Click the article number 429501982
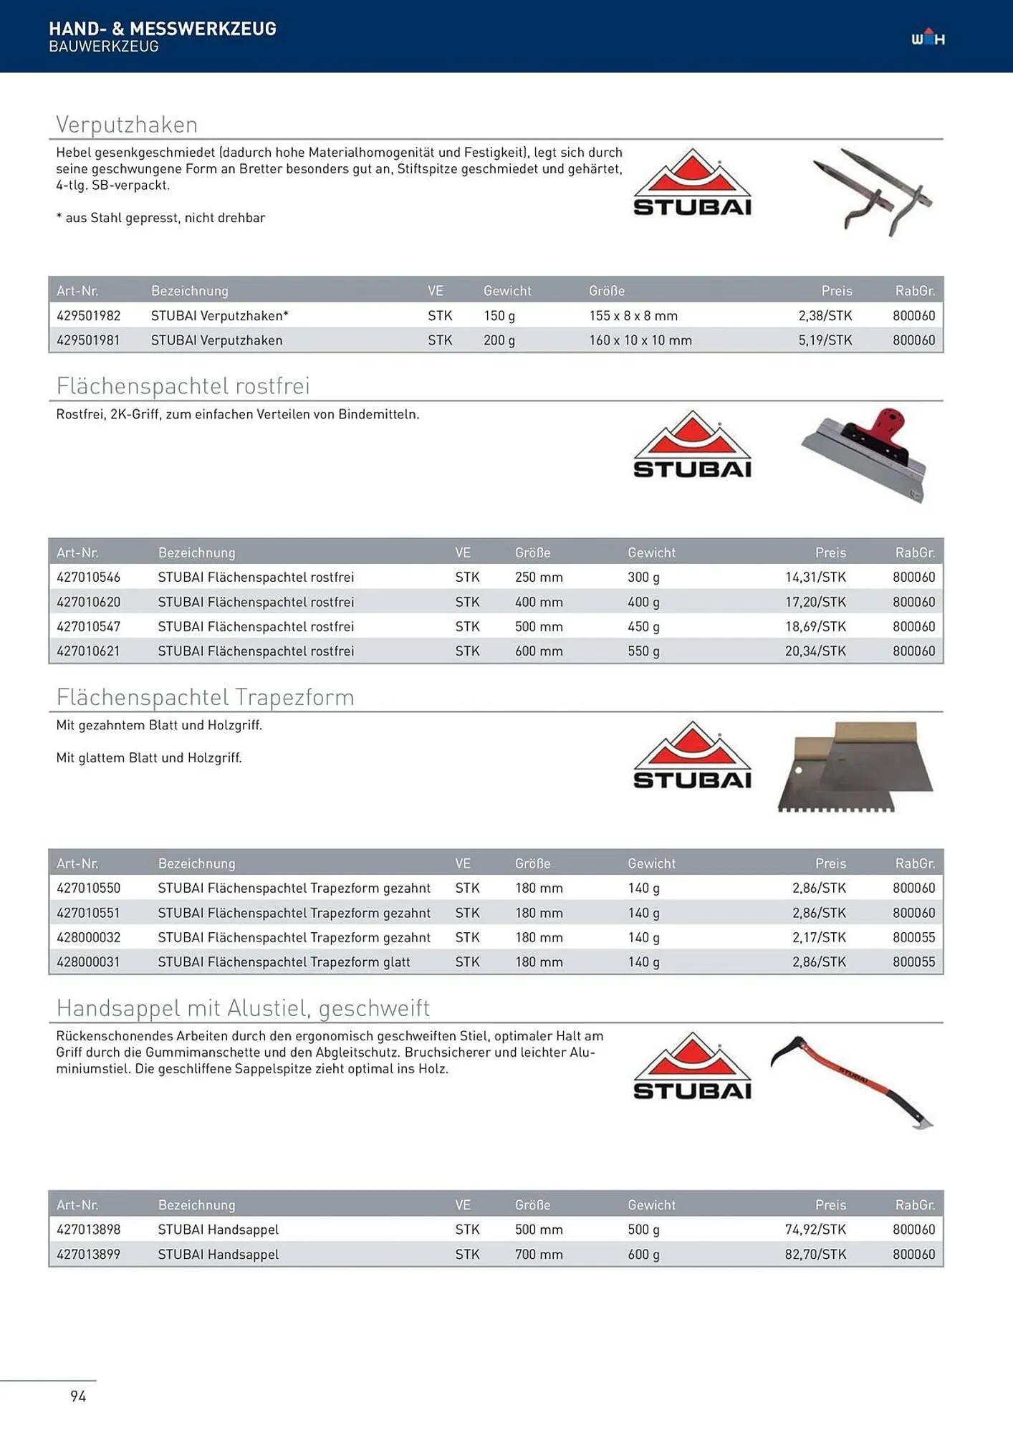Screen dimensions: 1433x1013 [89, 316]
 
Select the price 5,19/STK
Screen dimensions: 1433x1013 [825, 340]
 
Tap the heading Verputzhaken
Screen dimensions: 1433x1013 [127, 125]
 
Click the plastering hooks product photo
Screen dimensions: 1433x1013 [872, 192]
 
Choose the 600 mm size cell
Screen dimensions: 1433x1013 [539, 651]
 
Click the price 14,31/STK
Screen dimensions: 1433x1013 [815, 577]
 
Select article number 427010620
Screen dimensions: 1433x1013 [89, 602]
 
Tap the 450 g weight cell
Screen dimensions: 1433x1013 [643, 627]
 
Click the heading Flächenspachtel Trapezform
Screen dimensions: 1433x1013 [205, 697]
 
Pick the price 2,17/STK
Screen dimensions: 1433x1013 [819, 937]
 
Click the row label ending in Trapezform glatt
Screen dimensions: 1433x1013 [284, 962]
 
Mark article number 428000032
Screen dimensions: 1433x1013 [89, 937]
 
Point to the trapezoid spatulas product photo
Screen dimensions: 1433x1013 [856, 767]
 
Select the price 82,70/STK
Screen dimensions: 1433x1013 [815, 1255]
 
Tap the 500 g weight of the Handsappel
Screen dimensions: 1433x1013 [643, 1230]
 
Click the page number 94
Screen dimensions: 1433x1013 [78, 1396]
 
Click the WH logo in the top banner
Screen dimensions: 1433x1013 [928, 38]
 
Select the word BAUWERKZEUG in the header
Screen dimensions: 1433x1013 [104, 47]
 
